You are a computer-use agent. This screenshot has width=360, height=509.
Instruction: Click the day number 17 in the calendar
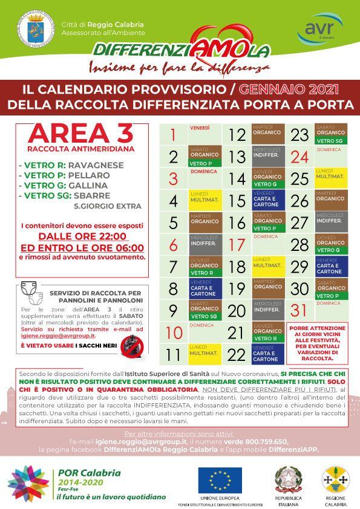pos(237,245)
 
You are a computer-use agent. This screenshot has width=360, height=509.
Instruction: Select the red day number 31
pos(299,310)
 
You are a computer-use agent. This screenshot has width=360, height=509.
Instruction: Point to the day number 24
pos(299,157)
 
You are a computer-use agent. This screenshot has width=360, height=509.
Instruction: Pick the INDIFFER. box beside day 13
pos(267,155)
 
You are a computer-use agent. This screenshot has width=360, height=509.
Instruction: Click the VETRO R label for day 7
pos(203,273)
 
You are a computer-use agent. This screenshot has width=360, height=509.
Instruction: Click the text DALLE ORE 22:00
pos(83,236)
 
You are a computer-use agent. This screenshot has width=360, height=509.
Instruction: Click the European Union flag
pos(220,480)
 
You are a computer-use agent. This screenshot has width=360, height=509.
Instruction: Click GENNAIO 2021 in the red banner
pos(288,89)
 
